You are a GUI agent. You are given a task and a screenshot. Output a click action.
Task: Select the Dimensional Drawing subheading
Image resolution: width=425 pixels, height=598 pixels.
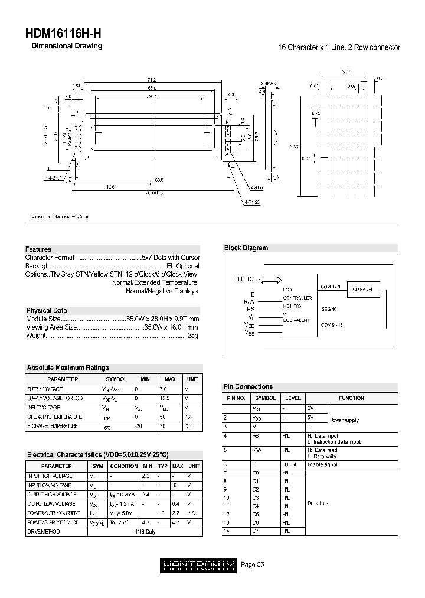pos(66,46)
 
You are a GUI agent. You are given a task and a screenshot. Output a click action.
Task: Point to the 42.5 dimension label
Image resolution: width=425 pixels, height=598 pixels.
pos(110,187)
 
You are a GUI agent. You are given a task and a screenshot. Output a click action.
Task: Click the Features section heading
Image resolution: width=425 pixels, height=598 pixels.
pos(38,249)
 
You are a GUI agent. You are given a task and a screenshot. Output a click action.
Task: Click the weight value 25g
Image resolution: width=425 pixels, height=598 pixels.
pos(193,336)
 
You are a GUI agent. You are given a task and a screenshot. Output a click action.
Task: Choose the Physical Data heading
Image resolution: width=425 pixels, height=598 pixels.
pos(47,310)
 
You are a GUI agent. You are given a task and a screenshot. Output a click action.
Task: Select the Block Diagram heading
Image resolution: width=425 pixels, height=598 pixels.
pos(246,248)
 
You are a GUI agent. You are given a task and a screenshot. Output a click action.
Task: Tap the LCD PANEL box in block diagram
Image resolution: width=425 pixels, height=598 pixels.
pos(363,289)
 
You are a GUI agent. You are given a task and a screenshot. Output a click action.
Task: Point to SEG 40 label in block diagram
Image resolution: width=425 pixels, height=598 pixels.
pos(329,309)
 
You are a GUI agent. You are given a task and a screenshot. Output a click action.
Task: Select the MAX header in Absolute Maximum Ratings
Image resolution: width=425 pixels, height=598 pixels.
pos(170,379)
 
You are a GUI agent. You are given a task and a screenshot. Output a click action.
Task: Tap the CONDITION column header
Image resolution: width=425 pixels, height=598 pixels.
pos(124,466)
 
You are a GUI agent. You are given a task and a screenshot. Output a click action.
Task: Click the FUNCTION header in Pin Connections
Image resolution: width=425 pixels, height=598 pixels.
pos(352,398)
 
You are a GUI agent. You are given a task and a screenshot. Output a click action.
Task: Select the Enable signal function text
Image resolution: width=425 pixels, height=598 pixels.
pos(323,464)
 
